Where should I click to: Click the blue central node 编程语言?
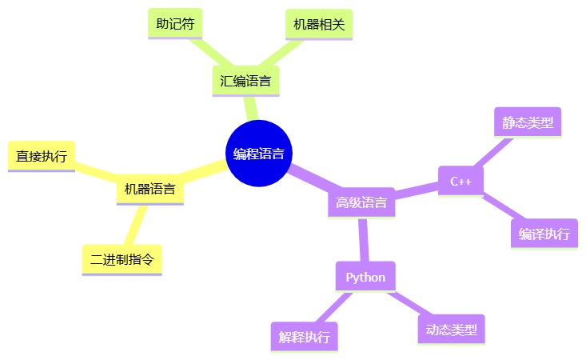[258, 154]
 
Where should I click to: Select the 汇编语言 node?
[245, 81]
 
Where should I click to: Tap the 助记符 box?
[175, 24]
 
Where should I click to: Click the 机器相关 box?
[318, 24]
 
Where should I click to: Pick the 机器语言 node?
[149, 190]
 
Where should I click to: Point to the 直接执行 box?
[42, 156]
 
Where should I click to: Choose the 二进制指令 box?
[122, 259]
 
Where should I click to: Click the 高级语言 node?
[361, 202]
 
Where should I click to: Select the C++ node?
[461, 181]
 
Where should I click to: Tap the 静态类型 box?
[528, 122]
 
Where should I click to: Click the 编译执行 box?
[544, 234]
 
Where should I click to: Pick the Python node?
[365, 277]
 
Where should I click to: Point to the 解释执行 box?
[304, 337]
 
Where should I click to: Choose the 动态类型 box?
[451, 330]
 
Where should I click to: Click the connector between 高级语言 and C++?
[417, 191]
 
